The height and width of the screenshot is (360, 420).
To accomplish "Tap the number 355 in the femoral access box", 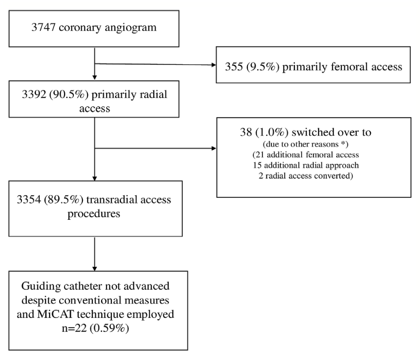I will pos(234,68).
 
